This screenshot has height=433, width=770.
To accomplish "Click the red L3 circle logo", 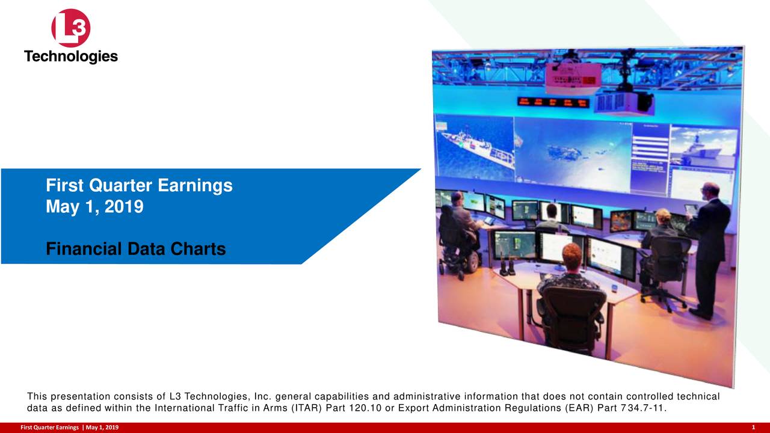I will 71,28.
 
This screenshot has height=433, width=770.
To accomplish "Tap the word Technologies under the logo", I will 71,57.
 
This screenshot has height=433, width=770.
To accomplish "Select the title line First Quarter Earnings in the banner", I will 139,186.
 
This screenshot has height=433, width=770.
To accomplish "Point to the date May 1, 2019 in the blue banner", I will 94,207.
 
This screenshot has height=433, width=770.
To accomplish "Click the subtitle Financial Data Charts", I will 135,248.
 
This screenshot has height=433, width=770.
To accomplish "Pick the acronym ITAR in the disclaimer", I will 306,410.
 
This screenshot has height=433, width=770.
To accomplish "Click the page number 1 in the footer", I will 753,427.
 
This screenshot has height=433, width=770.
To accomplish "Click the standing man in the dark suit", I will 710,247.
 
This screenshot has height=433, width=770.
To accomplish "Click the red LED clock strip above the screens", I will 553,102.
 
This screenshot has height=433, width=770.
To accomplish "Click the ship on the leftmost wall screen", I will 475,144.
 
